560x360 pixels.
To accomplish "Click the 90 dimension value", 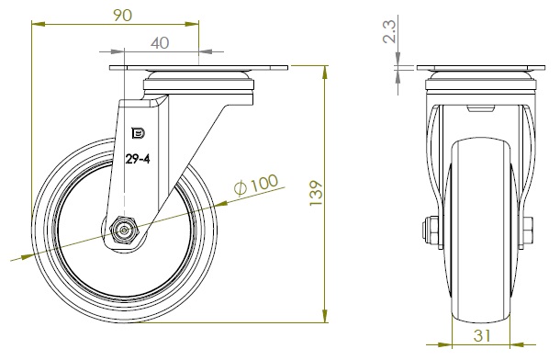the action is (122, 16).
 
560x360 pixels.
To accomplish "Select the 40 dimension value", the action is (160, 43).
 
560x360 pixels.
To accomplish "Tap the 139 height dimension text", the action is (316, 193).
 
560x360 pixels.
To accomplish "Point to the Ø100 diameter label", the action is (256, 185).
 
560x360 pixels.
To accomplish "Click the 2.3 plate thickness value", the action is (389, 32).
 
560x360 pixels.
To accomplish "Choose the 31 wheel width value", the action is (482, 335).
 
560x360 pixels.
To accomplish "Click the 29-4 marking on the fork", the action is (138, 159).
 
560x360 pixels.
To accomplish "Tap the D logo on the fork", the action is (139, 133).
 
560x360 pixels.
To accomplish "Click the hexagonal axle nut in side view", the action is (124, 231).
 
